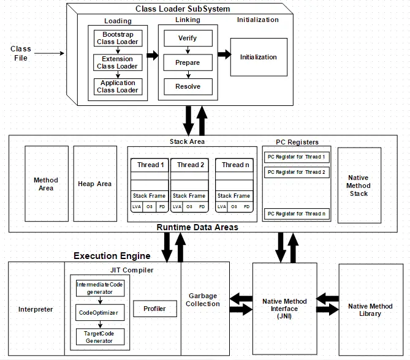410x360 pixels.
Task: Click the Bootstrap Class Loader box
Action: coord(118,38)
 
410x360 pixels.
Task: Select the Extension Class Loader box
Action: coord(118,62)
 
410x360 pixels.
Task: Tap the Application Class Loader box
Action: coord(118,86)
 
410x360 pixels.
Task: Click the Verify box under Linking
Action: coord(188,38)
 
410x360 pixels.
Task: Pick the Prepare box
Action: coord(188,62)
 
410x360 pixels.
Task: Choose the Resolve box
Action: coord(188,86)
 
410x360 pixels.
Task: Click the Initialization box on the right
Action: coord(258,57)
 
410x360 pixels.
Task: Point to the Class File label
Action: coord(21,53)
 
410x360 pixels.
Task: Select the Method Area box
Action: coord(46,184)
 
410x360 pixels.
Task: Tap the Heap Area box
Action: coord(95,184)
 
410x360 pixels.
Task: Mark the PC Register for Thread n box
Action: coord(296,214)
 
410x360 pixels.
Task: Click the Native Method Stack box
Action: coord(359,185)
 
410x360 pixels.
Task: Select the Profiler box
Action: coord(154,309)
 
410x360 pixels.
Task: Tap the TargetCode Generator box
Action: coord(99,336)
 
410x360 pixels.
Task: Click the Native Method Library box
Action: coord(370,310)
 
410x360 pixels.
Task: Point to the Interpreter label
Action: coord(36,309)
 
